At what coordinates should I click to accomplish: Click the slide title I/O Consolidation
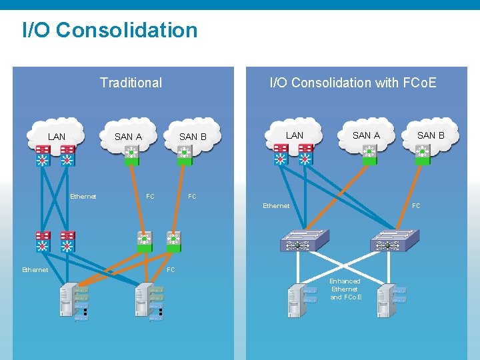(110, 30)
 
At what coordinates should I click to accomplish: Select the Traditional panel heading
(131, 83)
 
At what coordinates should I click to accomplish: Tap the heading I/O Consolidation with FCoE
(353, 83)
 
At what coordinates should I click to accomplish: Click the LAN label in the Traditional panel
(57, 137)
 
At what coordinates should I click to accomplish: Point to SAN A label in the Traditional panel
(128, 137)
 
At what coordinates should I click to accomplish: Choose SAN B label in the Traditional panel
(193, 137)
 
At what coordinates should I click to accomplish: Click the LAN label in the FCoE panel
(294, 135)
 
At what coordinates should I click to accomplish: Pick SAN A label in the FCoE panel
(366, 135)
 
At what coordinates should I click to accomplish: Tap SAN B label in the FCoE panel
(431, 135)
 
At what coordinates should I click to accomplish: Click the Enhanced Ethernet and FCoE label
(345, 289)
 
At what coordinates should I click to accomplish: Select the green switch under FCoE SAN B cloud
(421, 156)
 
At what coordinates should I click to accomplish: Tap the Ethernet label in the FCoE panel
(276, 206)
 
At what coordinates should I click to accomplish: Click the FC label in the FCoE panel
(416, 206)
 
